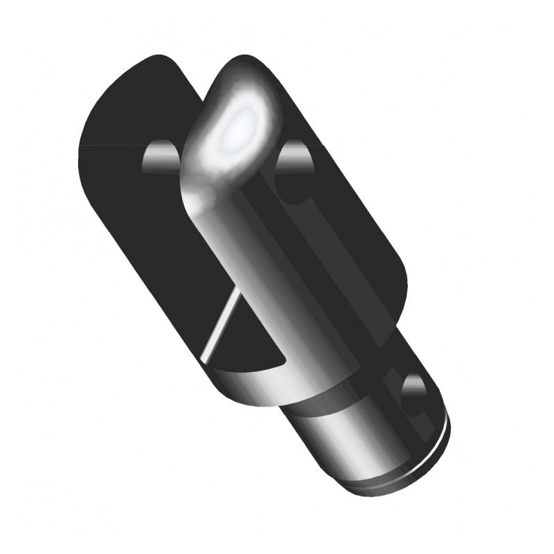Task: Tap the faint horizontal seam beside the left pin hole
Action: (111, 145)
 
